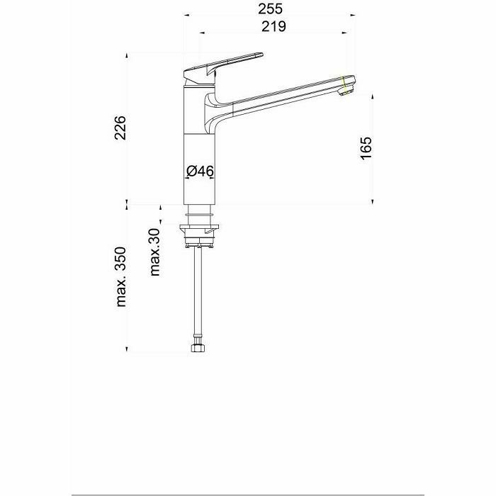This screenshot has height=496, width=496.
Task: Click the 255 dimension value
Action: (270, 9)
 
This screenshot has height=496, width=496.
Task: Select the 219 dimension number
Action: (274, 26)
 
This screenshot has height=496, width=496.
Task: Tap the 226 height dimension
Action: (120, 128)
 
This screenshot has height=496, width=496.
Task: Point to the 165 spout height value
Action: (366, 148)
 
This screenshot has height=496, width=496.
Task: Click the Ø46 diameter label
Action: (200, 171)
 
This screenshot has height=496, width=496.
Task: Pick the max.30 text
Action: (155, 252)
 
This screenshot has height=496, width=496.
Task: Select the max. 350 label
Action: (121, 277)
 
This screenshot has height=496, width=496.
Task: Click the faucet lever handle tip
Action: (261, 54)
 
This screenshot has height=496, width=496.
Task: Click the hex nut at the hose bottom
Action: (198, 348)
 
